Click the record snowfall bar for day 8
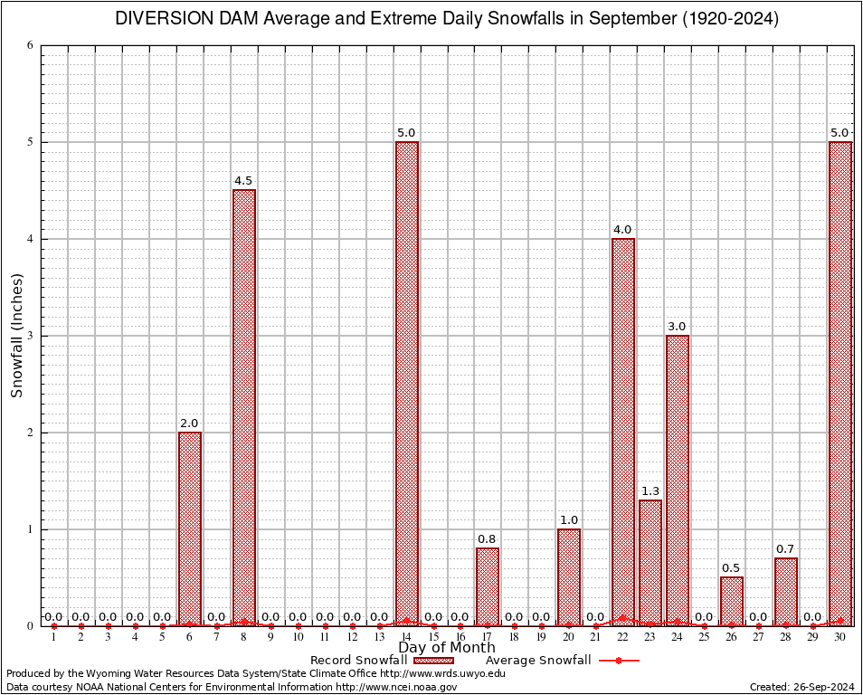tap(244, 407)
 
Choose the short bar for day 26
tap(732, 601)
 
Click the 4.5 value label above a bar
tap(243, 181)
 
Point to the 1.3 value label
tap(650, 491)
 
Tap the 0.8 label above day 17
tap(488, 539)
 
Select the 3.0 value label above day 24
tap(678, 327)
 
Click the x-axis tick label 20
tap(569, 638)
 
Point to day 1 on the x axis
tap(54, 638)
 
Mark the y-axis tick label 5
tap(31, 142)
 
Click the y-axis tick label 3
tap(31, 336)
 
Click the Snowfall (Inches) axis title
tap(16, 335)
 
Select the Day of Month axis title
tap(447, 648)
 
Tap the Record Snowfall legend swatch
tap(432, 661)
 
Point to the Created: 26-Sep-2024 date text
tap(802, 687)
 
